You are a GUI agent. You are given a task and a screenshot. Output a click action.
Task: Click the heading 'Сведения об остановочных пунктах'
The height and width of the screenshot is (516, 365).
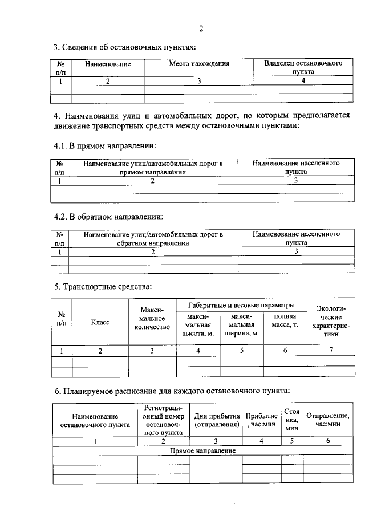click(x=125, y=47)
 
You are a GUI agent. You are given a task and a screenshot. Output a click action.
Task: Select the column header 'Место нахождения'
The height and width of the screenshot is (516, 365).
click(x=199, y=64)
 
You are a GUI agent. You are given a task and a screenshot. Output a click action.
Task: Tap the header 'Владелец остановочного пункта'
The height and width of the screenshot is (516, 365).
click(x=303, y=68)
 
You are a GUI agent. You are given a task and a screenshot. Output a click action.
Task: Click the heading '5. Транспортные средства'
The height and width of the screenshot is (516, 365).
click(x=103, y=286)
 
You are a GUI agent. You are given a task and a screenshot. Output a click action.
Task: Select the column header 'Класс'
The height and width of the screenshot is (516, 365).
click(x=100, y=322)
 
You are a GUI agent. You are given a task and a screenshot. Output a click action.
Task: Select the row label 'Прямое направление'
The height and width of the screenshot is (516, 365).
click(x=204, y=451)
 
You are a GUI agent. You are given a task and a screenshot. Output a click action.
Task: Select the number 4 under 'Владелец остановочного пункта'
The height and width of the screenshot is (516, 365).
click(x=303, y=80)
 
